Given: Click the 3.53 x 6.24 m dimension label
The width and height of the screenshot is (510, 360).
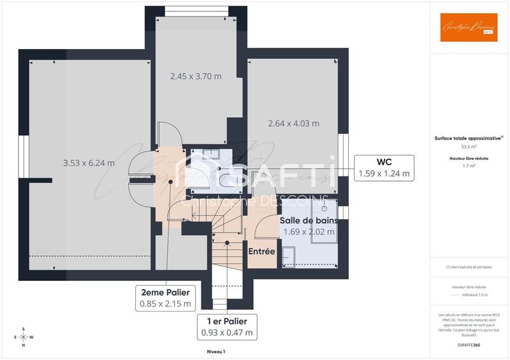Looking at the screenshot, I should pos(89,162).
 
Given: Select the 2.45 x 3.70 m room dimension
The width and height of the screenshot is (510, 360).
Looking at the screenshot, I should pos(196,76).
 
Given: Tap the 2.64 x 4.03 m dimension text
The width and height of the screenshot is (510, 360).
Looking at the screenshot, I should pos(293,123).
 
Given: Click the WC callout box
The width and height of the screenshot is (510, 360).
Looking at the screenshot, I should pos(384,167).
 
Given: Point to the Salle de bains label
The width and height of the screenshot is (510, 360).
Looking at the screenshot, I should pos(309,220).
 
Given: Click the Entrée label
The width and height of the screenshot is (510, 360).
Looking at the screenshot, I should pos(261,252).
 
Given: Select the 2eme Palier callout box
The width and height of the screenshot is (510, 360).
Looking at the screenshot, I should pos(165,298).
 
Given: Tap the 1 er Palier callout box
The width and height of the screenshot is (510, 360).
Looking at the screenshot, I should pos(227,326).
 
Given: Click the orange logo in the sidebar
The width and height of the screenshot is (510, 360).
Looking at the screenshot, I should pos(469,27).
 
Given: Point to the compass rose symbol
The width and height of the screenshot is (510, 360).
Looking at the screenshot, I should pos(24,336).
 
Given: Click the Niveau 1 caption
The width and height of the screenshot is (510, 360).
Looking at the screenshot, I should pos(216,351).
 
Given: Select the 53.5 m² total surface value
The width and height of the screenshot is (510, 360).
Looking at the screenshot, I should pos(469,146).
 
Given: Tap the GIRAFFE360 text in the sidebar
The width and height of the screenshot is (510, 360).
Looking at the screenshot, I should pos(469,343).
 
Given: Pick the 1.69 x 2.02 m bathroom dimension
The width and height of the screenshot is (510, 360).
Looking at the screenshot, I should pos(309,232).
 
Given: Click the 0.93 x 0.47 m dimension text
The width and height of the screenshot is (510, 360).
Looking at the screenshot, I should pos(227,333).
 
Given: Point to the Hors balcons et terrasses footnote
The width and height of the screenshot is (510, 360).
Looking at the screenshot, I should pos(469,267).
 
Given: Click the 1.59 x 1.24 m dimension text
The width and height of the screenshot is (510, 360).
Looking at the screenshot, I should pos(384,173).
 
